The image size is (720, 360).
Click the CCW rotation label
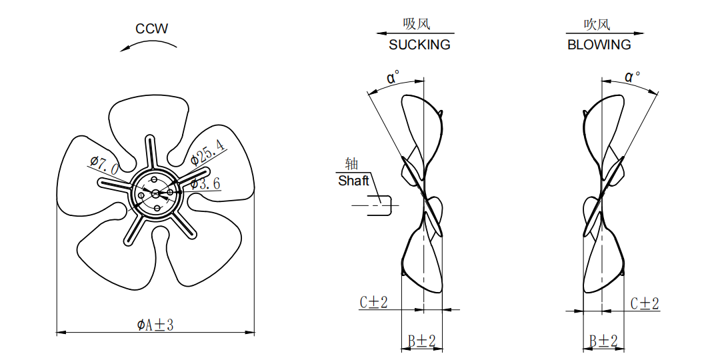(151, 29)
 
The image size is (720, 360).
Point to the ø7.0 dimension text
(105, 165)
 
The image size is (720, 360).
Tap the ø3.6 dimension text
(205, 183)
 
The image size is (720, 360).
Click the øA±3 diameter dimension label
(155, 325)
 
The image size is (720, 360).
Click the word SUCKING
(419, 45)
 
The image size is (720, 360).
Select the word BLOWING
(599, 45)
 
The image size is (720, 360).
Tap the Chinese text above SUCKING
(417, 24)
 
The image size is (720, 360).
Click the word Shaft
(353, 181)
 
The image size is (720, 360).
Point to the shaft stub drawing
(379, 205)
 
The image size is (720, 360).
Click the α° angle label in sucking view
(393, 77)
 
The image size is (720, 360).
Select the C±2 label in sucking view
(374, 302)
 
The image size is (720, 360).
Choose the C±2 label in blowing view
(645, 303)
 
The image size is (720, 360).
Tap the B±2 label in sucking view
(421, 341)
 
